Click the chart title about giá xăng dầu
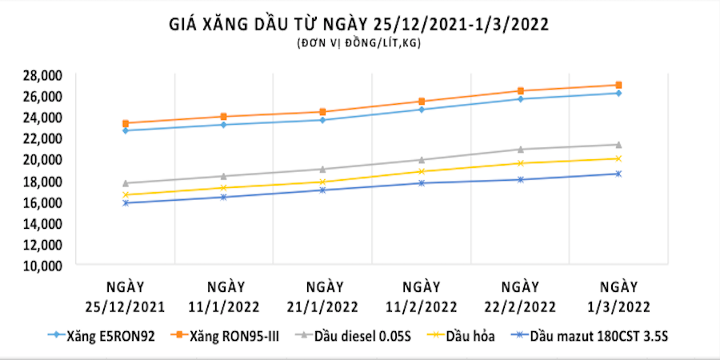point(358,24)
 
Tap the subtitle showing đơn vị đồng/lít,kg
point(358,43)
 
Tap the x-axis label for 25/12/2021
point(125,297)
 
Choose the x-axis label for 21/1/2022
point(322,297)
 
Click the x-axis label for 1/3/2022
point(618,297)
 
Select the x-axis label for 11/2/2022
point(421,297)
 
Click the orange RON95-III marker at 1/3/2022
point(618,85)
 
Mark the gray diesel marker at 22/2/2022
point(520,149)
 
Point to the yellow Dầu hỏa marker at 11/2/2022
point(421,171)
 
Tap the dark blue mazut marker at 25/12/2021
point(125,203)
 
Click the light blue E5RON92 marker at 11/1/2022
point(224,125)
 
